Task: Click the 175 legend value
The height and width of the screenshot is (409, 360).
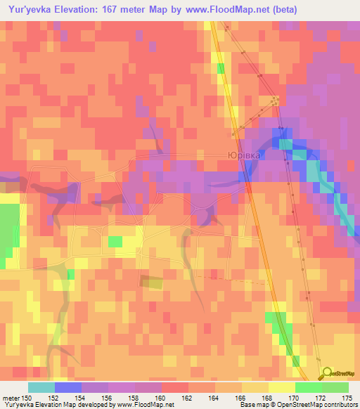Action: click(347, 397)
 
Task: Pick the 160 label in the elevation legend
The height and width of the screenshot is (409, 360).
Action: click(161, 397)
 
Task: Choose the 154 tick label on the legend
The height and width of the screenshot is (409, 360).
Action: click(82, 397)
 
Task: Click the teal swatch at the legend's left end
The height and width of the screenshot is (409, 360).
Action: click(41, 387)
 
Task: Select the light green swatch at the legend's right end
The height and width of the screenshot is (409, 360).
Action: click(335, 387)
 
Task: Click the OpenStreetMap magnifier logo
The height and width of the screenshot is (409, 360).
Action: click(327, 375)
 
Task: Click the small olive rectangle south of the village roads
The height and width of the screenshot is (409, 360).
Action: click(150, 283)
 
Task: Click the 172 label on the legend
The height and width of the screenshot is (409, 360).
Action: click(321, 397)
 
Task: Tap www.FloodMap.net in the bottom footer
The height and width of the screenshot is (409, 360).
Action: click(144, 405)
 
